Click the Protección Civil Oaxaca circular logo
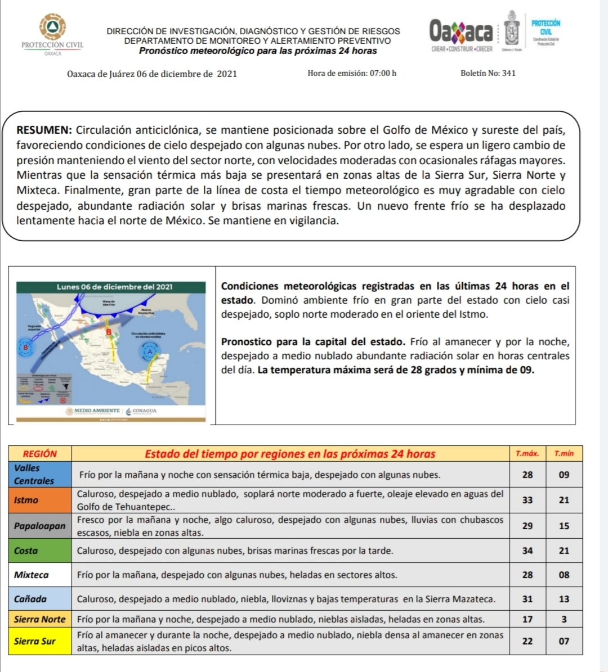pyautogui.click(x=52, y=27)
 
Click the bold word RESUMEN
pyautogui.click(x=43, y=130)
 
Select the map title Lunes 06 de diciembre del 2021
pyautogui.click(x=114, y=287)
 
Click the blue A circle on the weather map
pyautogui.click(x=149, y=352)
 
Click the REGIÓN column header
pyautogui.click(x=40, y=454)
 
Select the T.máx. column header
pyautogui.click(x=527, y=454)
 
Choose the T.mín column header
pyautogui.click(x=564, y=454)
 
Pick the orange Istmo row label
pyautogui.click(x=26, y=500)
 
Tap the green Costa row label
pyautogui.click(x=26, y=551)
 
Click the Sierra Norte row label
pyautogui.click(x=39, y=619)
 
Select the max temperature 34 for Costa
pyautogui.click(x=527, y=551)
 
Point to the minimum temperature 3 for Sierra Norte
pyautogui.click(x=564, y=619)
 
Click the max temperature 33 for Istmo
pyautogui.click(x=527, y=500)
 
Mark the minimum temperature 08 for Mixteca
pyautogui.click(x=564, y=575)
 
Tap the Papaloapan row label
pyautogui.click(x=39, y=526)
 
